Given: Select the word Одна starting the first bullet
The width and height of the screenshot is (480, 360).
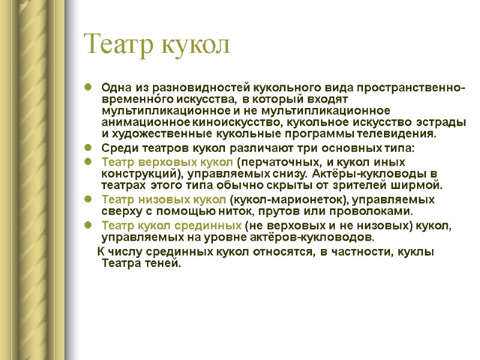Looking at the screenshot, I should click(115, 88).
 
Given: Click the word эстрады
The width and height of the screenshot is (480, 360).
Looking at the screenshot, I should click(441, 122).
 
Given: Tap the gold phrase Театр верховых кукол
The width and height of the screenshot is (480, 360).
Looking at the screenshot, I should click(167, 162).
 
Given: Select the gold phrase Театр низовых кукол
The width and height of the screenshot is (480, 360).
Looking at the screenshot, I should click(164, 200).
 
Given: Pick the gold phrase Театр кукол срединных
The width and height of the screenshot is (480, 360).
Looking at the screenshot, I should click(172, 226).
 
